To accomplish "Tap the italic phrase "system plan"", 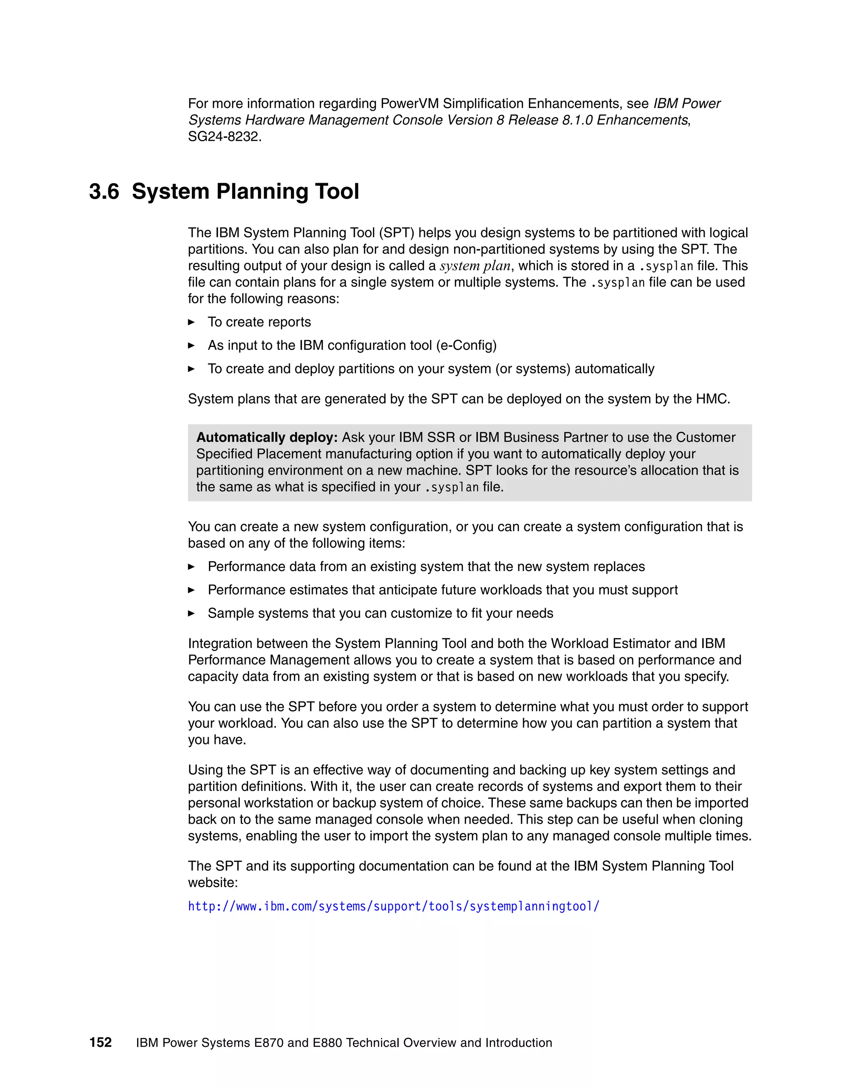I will tap(475, 266).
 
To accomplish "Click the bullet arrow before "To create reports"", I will tap(191, 322).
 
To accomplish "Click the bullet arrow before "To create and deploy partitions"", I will tap(191, 369).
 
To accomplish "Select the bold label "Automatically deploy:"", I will tap(267, 437).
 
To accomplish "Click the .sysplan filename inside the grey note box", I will tap(451, 487).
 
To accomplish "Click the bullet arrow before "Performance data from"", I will tap(191, 567).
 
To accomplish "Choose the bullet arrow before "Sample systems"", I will tap(191, 614).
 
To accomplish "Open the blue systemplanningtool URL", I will tap(393, 906).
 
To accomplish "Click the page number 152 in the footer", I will tap(101, 1043).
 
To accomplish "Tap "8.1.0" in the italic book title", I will tap(577, 120).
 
